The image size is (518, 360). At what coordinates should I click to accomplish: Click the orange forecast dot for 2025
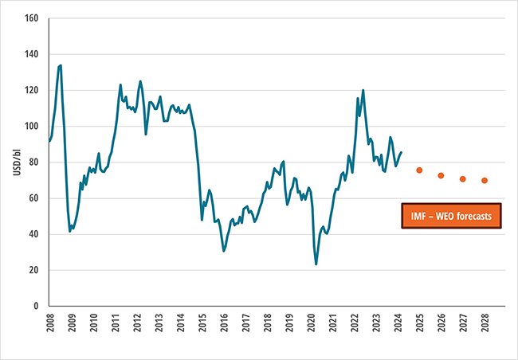point(419,170)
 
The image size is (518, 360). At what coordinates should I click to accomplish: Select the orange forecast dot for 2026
point(441,175)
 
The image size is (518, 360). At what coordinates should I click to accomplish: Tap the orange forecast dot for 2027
point(462,179)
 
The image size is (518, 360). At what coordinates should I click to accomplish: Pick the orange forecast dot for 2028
point(485,181)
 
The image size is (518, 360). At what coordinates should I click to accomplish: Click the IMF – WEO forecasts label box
point(451,216)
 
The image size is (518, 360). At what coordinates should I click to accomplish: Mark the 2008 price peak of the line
point(61,65)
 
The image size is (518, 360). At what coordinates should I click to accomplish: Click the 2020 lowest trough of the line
point(316,264)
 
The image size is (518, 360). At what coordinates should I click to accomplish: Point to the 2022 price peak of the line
point(363,90)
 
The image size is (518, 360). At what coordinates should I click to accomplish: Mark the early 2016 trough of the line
point(224,251)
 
